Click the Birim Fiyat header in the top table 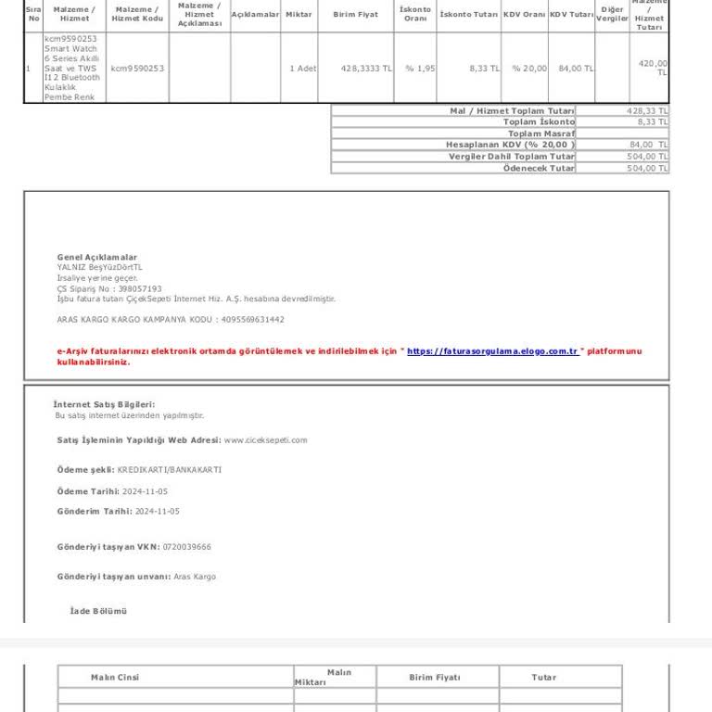pyautogui.click(x=355, y=15)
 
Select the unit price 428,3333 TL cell pyautogui.click(x=366, y=69)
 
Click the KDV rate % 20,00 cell pyautogui.click(x=529, y=69)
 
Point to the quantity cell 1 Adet pyautogui.click(x=302, y=69)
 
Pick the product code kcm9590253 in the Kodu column pyautogui.click(x=137, y=69)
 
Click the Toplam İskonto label pyautogui.click(x=539, y=122)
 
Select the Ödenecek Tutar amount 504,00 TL pyautogui.click(x=647, y=169)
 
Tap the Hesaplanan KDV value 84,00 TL pyautogui.click(x=648, y=145)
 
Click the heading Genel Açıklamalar pyautogui.click(x=96, y=257)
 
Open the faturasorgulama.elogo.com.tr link pyautogui.click(x=492, y=351)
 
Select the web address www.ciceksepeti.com pyautogui.click(x=265, y=440)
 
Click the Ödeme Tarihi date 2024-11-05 pyautogui.click(x=151, y=491)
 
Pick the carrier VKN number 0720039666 pyautogui.click(x=187, y=547)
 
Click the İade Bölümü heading pyautogui.click(x=98, y=612)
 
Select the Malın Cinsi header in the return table pyautogui.click(x=115, y=678)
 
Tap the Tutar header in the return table pyautogui.click(x=543, y=678)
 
